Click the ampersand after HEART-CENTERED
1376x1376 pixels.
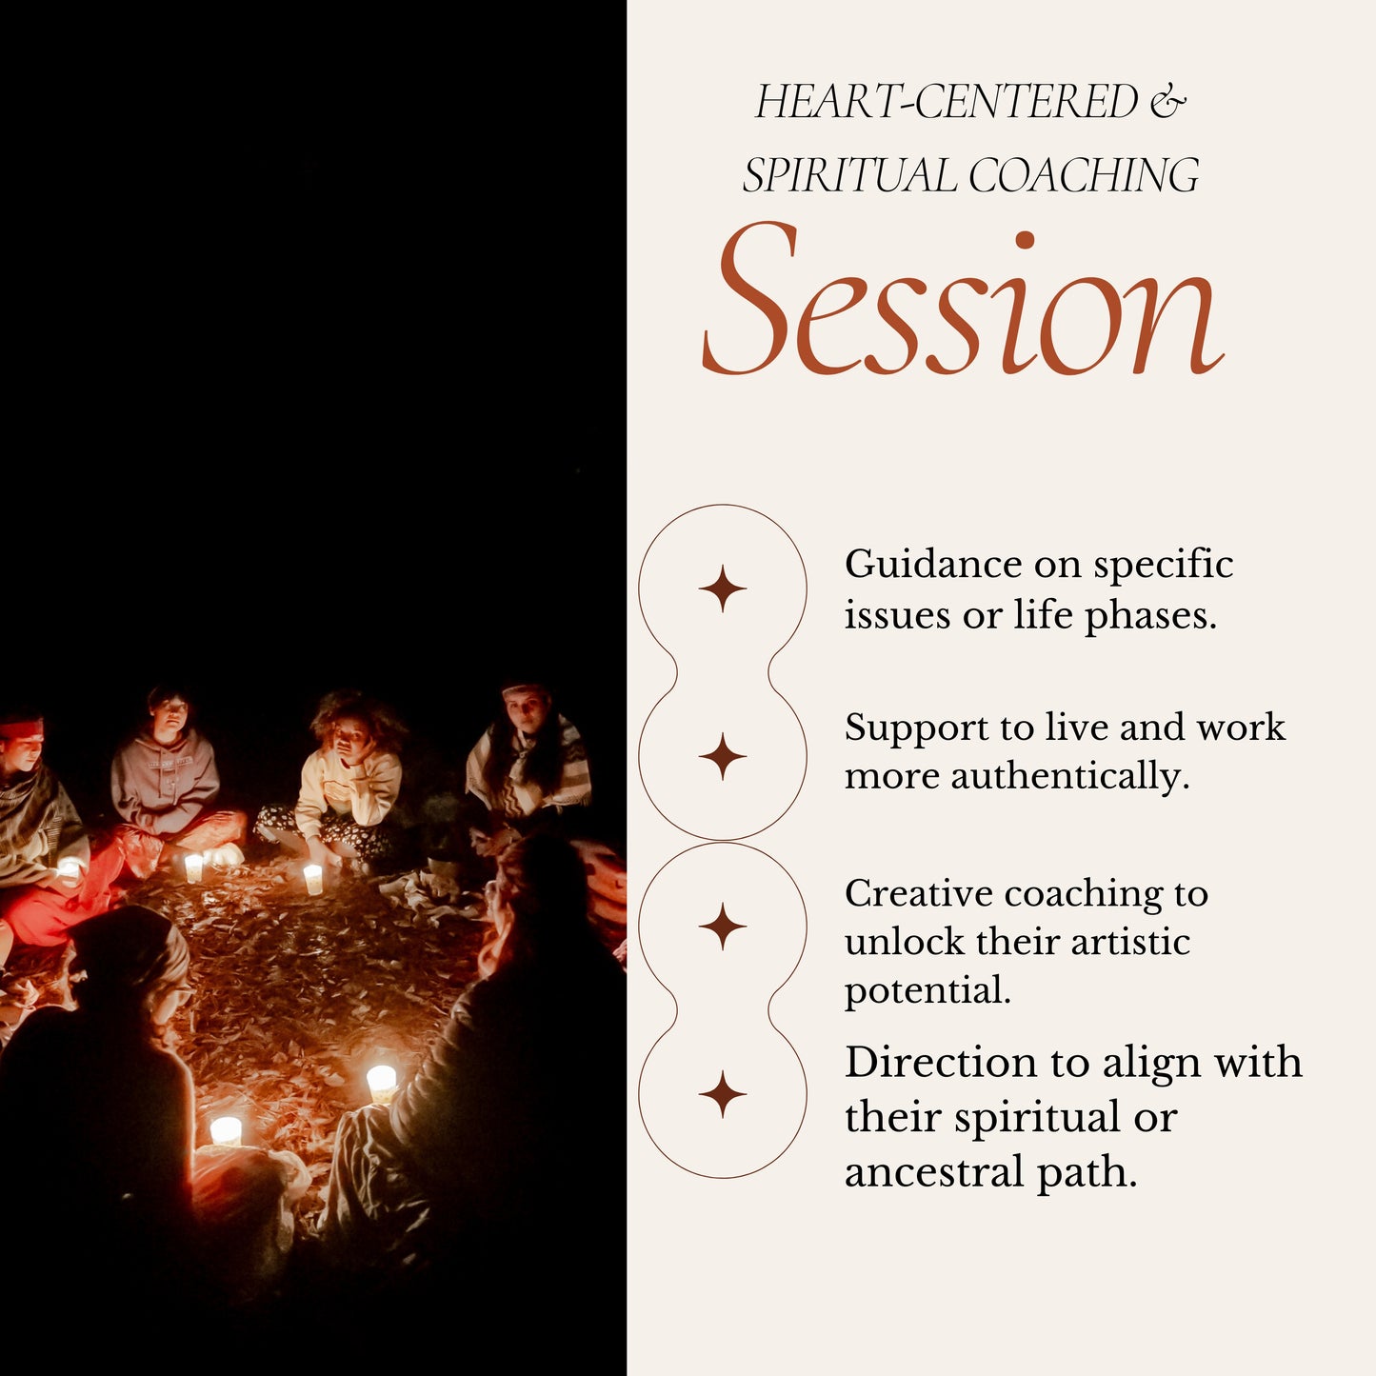click(1167, 101)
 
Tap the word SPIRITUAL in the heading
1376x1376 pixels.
click(849, 175)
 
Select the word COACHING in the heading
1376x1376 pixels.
click(1084, 175)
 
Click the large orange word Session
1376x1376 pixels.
click(964, 300)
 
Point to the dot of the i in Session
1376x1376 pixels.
click(1026, 240)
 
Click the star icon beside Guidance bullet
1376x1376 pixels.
click(723, 588)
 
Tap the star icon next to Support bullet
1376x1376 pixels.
click(723, 755)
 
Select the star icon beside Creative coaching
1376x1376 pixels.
click(723, 927)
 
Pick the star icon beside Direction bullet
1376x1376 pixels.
click(723, 1094)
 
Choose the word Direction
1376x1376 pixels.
click(941, 1063)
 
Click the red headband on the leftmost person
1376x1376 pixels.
click(20, 730)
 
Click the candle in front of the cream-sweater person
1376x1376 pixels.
click(312, 878)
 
